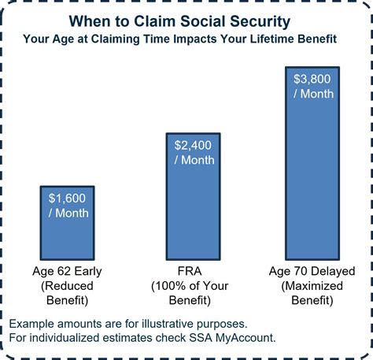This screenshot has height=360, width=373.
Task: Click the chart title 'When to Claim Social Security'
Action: pyautogui.click(x=186, y=19)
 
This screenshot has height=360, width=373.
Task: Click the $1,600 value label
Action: pyautogui.click(x=68, y=199)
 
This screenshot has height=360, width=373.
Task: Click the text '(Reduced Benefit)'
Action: pyautogui.click(x=68, y=292)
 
